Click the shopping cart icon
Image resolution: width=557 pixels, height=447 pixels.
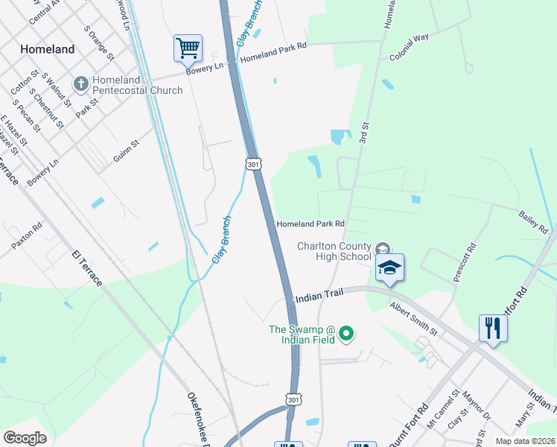click(x=188, y=48)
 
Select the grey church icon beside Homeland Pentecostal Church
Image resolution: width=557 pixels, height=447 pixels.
click(x=81, y=83)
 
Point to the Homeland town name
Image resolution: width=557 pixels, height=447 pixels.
click(x=48, y=49)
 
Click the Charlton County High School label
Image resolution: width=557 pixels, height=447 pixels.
click(x=334, y=251)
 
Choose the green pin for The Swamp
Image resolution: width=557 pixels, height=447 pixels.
click(x=345, y=334)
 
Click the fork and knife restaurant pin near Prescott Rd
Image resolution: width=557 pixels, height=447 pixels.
click(x=492, y=328)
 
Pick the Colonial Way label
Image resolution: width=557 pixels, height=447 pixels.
click(x=409, y=48)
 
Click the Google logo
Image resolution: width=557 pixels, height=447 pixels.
click(x=25, y=437)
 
